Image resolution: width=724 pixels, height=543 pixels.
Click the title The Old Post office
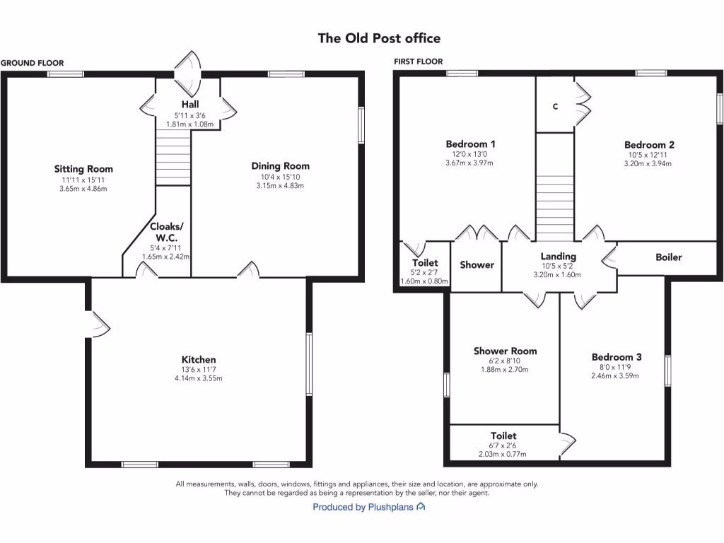point(379,38)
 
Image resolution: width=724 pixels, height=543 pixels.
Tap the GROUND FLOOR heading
point(32,63)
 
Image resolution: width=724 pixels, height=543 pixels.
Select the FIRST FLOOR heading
point(419,62)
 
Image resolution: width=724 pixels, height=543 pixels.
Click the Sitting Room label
point(83,169)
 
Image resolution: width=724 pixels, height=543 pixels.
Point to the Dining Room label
point(280,166)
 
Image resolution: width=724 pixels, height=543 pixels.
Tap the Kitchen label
point(198,360)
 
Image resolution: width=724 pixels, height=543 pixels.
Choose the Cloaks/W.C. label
point(167,232)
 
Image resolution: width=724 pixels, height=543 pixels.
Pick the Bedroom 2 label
point(650,145)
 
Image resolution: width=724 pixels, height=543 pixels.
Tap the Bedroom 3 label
point(617,357)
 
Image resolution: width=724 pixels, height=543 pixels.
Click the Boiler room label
point(668,257)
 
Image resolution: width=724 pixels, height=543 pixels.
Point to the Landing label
point(559,256)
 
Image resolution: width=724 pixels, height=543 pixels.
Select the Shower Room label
point(505,351)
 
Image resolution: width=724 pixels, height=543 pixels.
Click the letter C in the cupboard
point(555,107)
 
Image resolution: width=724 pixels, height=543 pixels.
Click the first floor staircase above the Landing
point(554,187)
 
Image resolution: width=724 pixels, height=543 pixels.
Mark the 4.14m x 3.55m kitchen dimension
point(198,379)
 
